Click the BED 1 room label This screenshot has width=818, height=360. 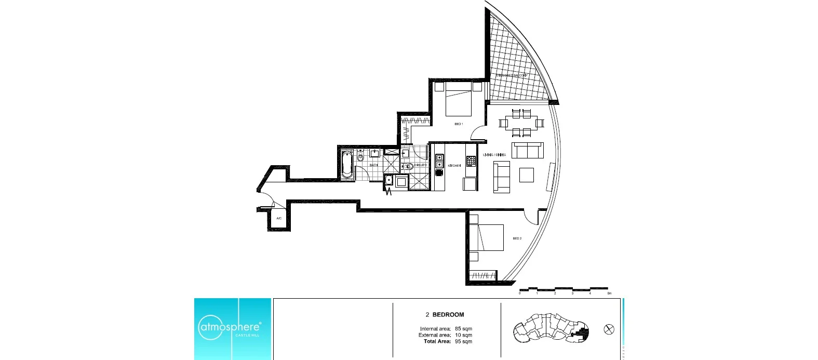coord(459,124)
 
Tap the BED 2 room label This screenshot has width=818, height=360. coord(517,238)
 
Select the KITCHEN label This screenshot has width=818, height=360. coord(454,166)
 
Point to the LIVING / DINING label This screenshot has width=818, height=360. coord(494,155)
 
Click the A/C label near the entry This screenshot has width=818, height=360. coord(279,218)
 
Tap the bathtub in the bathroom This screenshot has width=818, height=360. coord(347,165)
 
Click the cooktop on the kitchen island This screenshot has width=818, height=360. coord(471,161)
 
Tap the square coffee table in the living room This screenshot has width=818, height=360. coord(527,175)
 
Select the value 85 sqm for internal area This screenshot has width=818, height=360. coord(463,329)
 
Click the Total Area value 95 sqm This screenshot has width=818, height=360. coord(463,341)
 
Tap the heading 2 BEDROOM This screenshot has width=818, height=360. coord(445,314)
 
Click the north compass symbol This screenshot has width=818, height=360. coord(609,329)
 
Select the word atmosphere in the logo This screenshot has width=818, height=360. coord(230,327)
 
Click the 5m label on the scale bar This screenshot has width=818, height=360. coord(610,294)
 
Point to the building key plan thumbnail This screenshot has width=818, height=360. coord(552,329)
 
